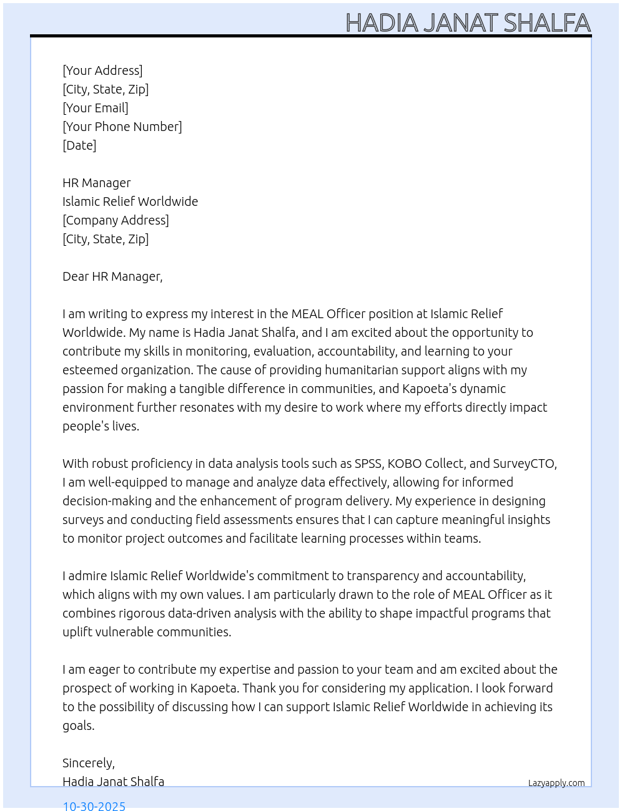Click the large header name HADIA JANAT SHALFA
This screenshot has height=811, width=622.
click(468, 22)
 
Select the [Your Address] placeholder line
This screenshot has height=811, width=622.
click(102, 70)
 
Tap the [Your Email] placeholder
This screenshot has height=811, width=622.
click(96, 108)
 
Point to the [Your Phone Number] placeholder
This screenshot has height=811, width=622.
click(122, 127)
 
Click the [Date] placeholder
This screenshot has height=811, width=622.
click(79, 145)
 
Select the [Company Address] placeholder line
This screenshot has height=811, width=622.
click(116, 220)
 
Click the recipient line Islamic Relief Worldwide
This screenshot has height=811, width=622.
click(130, 202)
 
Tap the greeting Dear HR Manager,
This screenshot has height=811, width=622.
click(112, 276)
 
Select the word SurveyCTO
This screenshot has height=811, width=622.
click(525, 464)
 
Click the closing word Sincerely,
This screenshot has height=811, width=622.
click(89, 763)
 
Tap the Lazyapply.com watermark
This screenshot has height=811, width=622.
click(556, 783)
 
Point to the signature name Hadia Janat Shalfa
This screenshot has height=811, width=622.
click(113, 782)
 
